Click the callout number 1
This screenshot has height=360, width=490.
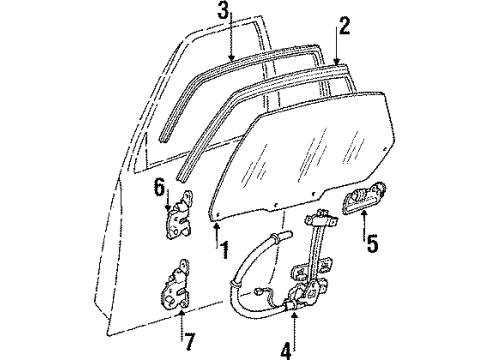tap(225, 250)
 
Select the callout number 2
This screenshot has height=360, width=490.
tap(344, 26)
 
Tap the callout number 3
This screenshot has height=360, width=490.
tap(224, 10)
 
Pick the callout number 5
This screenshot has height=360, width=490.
tap(372, 243)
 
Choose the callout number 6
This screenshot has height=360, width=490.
tap(159, 187)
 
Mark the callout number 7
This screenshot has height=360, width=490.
tap(189, 341)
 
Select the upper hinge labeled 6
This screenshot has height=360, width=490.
tap(180, 214)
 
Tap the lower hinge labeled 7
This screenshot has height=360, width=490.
tap(175, 284)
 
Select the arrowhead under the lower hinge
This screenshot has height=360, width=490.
tap(181, 314)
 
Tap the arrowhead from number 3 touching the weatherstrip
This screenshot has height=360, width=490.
tap(231, 57)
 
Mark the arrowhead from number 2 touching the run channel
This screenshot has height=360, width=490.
tap(336, 61)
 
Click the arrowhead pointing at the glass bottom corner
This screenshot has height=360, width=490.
tap(217, 227)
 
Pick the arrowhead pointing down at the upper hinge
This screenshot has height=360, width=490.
tap(169, 208)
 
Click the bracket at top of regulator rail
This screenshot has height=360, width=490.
tap(321, 218)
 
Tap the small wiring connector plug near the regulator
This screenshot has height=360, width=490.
tap(257, 292)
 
